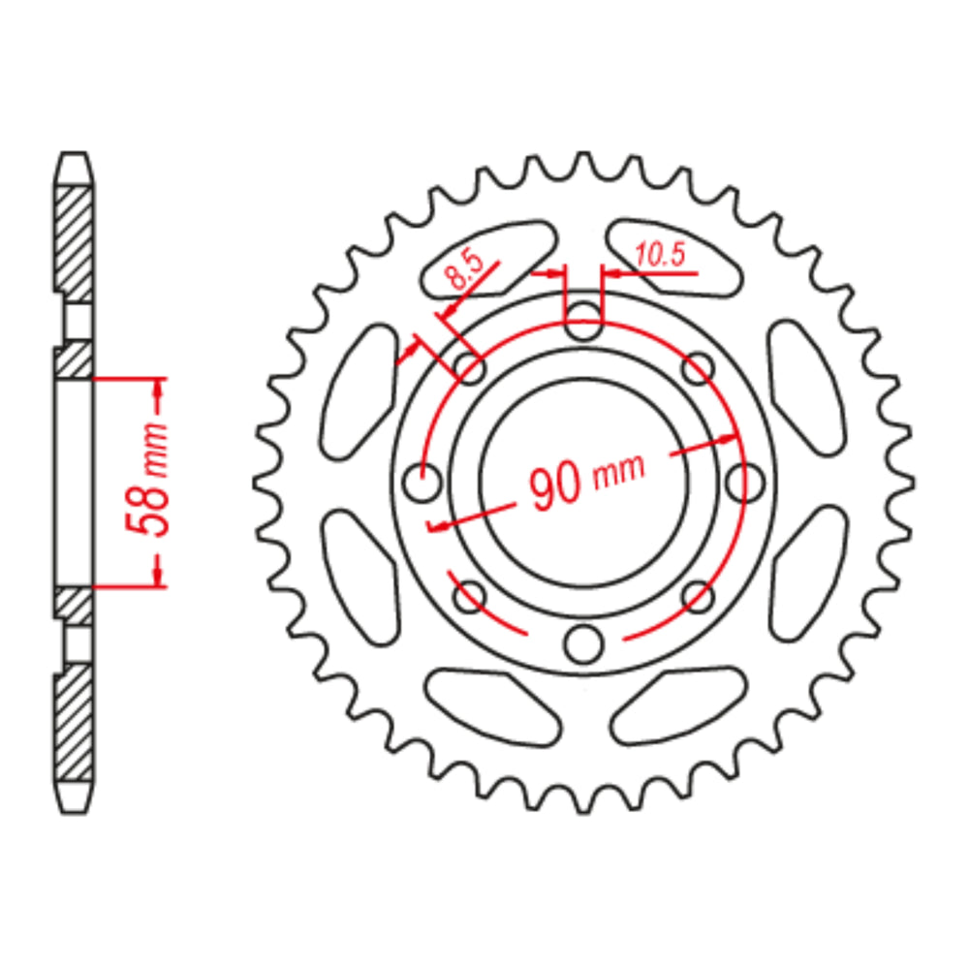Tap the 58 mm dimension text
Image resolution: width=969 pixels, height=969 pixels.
pos(147,479)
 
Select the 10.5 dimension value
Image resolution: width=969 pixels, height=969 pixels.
pos(660,255)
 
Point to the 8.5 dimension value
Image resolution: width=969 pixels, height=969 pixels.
pos(465,268)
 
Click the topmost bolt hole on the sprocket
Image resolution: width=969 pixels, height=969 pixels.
pos(582,322)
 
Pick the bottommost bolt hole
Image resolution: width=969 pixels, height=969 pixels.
pos(582,643)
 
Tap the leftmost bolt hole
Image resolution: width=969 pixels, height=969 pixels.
pos(422,482)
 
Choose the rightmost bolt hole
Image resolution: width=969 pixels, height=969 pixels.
pos(744,482)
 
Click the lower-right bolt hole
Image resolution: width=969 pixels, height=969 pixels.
pos(699,597)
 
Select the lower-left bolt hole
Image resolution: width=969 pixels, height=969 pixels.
pos(470,597)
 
